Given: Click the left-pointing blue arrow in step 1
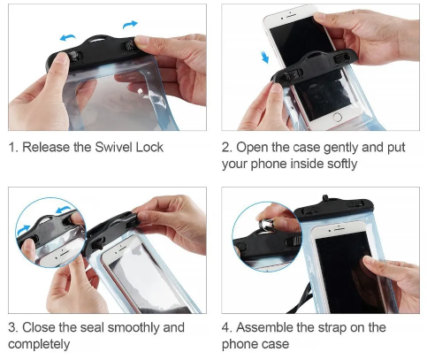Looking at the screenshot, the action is [67, 37].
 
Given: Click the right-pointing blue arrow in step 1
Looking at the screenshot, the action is [130, 24].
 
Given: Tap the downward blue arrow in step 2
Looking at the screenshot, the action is [265, 57].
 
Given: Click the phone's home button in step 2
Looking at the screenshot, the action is [337, 118].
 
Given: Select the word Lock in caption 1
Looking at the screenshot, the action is [149, 147].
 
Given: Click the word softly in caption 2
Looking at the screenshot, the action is [342, 164].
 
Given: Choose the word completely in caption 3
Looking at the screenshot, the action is [39, 344].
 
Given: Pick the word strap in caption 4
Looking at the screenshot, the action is [332, 328].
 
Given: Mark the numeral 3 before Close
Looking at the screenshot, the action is [11, 327].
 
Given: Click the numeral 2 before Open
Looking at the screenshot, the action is [225, 148].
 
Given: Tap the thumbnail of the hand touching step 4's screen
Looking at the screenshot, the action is [369, 260].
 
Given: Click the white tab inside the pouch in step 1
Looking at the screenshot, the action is [141, 91].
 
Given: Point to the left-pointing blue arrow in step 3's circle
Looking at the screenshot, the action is [62, 210].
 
